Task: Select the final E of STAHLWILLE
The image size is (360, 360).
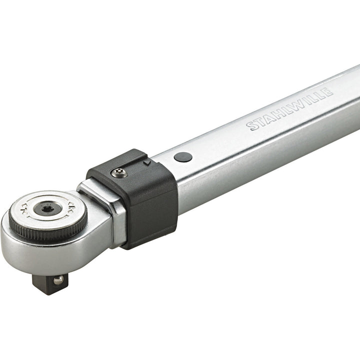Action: coord(327,92)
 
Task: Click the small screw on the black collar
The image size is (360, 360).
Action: coord(119,173)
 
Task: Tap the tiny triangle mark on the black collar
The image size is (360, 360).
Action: coord(146,162)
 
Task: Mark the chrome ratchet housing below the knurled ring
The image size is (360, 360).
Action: coord(55,255)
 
